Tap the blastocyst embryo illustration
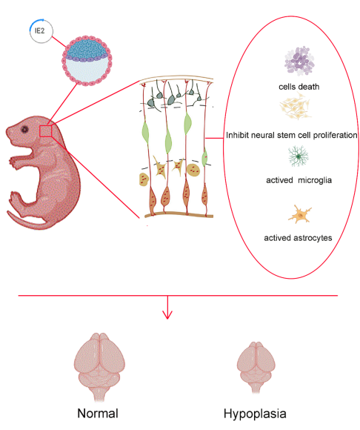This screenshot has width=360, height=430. (x=87, y=60)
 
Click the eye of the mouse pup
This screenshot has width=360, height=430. (x=25, y=129)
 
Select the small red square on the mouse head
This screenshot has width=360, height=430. (x=45, y=130)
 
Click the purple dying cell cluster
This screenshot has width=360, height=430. (x=299, y=61)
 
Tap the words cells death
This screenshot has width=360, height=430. (x=299, y=87)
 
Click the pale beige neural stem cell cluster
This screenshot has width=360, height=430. (x=296, y=106)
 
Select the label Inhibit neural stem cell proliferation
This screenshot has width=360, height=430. (x=292, y=135)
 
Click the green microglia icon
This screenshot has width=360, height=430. (x=298, y=156)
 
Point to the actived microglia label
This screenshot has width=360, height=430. (x=299, y=180)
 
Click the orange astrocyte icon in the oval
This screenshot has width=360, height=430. (x=300, y=214)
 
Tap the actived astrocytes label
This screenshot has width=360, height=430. (x=298, y=238)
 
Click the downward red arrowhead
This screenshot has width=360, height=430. (x=167, y=315)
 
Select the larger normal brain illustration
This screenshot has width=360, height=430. (x=99, y=367)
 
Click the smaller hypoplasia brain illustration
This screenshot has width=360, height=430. (x=256, y=368)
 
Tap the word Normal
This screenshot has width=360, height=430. (x=98, y=413)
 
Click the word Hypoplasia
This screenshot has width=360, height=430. (x=255, y=414)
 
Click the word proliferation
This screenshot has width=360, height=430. (x=335, y=135)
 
